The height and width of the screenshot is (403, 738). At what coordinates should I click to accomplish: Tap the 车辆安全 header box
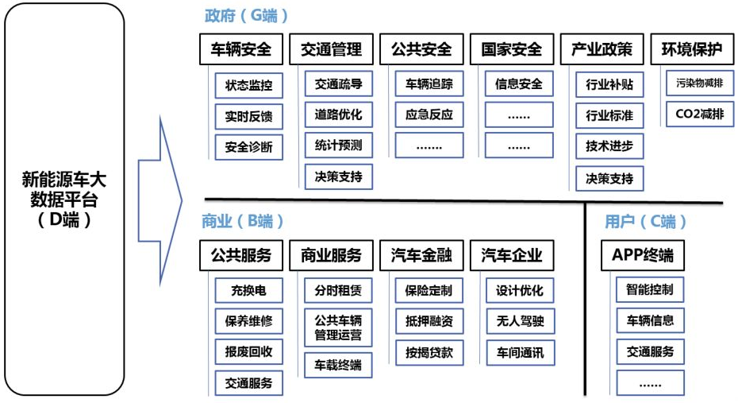[240, 49]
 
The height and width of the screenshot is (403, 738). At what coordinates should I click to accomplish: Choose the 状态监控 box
[248, 85]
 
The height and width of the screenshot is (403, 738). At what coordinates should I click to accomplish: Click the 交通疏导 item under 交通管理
[339, 83]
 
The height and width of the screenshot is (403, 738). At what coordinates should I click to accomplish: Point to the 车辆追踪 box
[429, 83]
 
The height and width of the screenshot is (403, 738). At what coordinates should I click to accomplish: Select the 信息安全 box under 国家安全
[519, 83]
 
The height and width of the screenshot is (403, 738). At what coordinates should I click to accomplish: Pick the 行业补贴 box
[609, 84]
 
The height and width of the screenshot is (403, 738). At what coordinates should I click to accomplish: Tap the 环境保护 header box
[692, 49]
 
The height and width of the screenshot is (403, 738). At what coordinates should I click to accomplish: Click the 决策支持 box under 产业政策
[609, 178]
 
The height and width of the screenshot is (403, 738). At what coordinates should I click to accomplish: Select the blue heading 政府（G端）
[246, 16]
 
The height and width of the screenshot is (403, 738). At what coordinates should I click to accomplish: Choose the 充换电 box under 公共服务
[248, 290]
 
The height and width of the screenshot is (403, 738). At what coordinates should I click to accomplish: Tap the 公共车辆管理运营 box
[339, 328]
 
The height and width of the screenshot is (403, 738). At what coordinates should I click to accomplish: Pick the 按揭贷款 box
[429, 352]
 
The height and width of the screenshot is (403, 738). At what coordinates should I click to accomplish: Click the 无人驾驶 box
[520, 321]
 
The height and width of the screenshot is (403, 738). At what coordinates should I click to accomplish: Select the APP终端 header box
[643, 255]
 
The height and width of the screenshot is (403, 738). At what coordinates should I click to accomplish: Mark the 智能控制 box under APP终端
[650, 290]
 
